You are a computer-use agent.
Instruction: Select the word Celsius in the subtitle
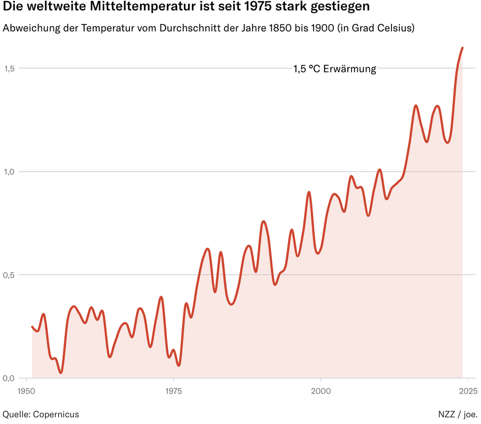click(393, 28)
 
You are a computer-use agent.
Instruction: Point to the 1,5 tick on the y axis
click(10, 69)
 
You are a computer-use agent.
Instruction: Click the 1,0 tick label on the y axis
click(10, 172)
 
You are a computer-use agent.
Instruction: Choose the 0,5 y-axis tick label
click(10, 275)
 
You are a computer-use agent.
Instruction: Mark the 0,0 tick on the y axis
click(10, 378)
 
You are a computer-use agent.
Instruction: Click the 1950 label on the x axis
click(26, 390)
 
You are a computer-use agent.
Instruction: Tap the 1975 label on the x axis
click(174, 390)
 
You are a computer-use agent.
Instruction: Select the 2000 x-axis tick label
click(321, 390)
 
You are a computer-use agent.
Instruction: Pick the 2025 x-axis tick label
click(468, 390)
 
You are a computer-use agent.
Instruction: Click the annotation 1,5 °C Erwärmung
click(335, 69)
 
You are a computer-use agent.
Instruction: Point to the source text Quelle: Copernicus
click(41, 414)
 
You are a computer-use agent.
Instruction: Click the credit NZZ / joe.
click(457, 414)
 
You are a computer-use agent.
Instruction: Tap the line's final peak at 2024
click(462, 48)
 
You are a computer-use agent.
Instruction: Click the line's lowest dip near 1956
click(61, 373)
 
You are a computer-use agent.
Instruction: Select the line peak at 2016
click(416, 105)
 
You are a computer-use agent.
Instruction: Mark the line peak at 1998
click(309, 192)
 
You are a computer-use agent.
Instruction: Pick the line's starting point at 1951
click(32, 327)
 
